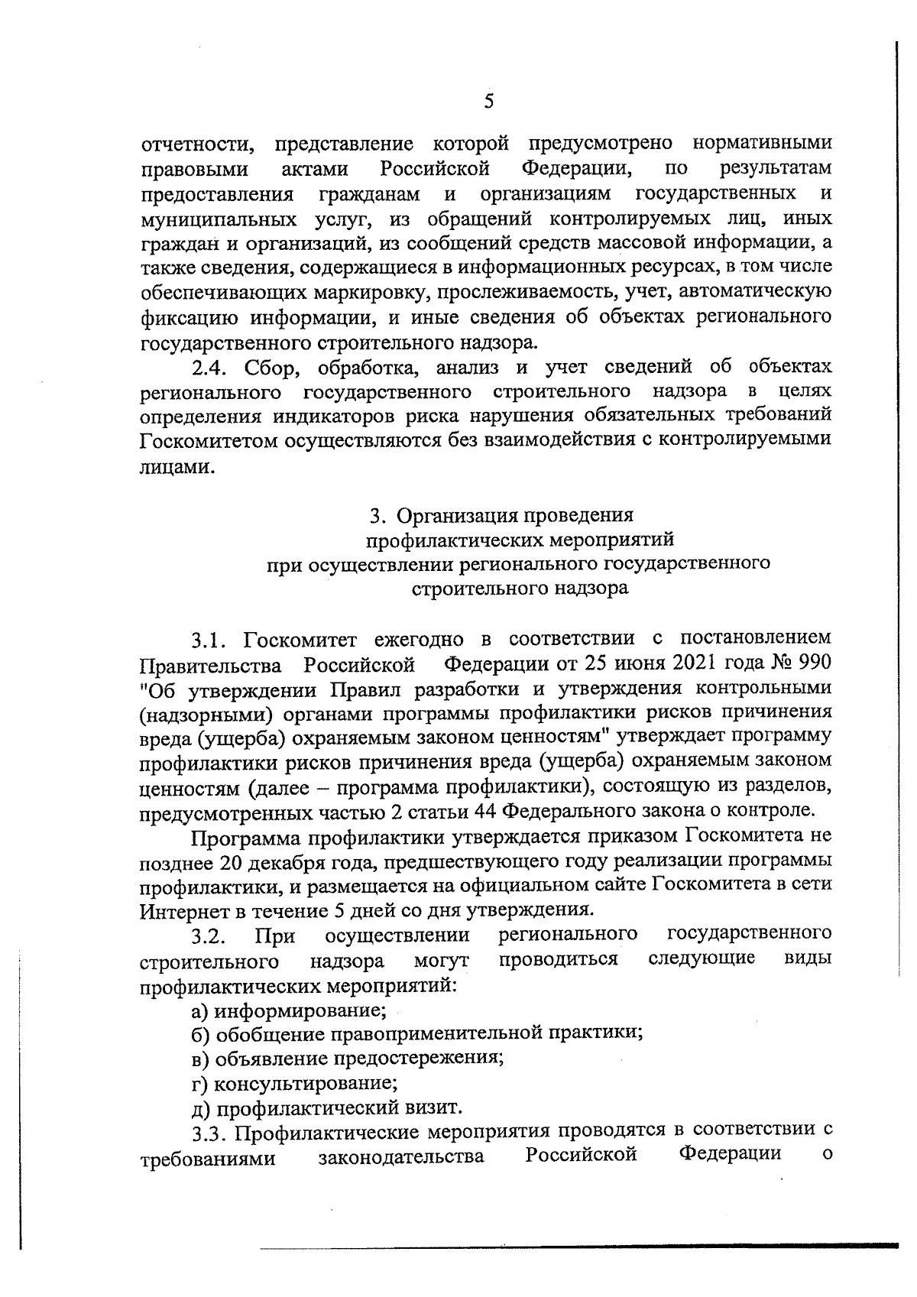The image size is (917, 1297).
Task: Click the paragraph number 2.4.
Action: point(209,368)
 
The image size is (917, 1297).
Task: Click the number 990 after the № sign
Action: point(813,662)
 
